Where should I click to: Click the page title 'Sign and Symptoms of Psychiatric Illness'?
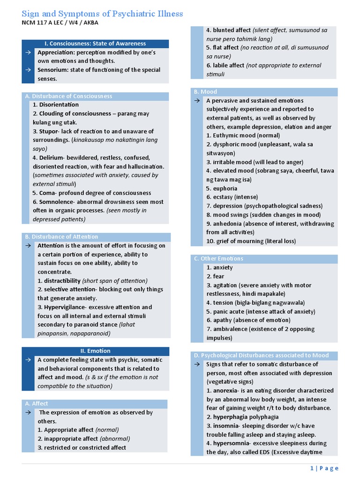[x=102, y=13]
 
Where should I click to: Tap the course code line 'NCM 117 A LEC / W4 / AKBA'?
[x=60, y=22]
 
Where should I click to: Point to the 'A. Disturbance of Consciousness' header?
[x=68, y=96]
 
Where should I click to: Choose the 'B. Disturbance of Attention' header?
[x=61, y=237]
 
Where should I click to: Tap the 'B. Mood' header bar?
[x=209, y=92]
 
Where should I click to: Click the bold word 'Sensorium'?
[x=53, y=70]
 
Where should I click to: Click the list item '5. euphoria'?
[x=222, y=188]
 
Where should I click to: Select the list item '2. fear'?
[x=215, y=277]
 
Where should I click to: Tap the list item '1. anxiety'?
[x=219, y=268]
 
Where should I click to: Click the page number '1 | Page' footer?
[x=324, y=468]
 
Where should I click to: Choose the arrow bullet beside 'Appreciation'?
[x=29, y=52]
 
